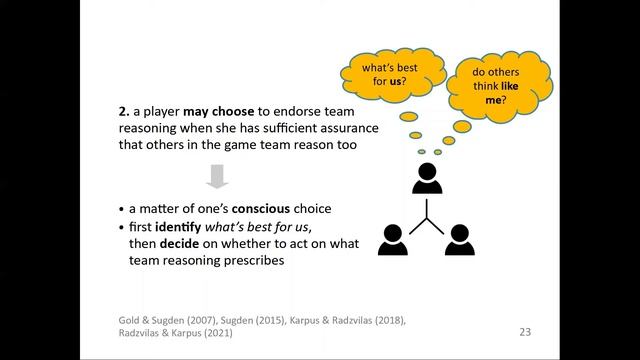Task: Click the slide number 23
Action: [525, 332]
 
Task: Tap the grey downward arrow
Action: [217, 176]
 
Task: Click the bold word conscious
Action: [261, 209]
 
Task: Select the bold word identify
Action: [178, 227]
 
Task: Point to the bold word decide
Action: [179, 244]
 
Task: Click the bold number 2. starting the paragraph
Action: [124, 111]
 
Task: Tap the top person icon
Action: [427, 178]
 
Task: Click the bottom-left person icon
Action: [393, 240]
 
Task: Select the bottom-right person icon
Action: [460, 240]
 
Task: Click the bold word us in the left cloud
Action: [395, 81]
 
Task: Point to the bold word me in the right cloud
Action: [493, 100]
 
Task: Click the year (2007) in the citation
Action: [201, 320]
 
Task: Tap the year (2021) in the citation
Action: [218, 333]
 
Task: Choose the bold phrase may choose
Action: [219, 111]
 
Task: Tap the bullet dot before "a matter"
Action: [121, 209]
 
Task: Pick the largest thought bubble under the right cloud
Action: [462, 127]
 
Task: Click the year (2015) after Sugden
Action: [271, 320]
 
